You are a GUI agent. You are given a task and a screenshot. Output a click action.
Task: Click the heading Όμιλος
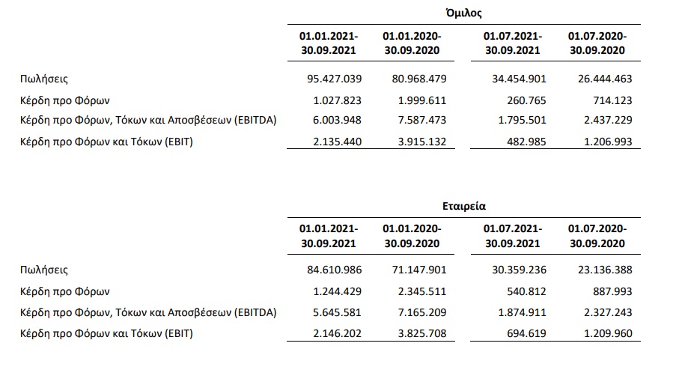point(463,13)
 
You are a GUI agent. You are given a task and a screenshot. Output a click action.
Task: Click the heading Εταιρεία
point(464,206)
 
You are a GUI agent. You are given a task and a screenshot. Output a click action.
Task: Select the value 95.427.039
point(335,79)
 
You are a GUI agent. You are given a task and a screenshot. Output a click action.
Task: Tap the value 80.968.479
point(419,79)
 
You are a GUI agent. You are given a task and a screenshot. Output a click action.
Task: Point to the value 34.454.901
point(519,79)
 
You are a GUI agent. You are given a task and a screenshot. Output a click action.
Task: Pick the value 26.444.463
point(605,79)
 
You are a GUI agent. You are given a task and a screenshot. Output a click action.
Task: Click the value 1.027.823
point(338,100)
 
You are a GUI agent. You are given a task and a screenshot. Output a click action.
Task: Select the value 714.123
point(612,100)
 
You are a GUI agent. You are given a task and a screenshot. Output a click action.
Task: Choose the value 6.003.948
point(338,120)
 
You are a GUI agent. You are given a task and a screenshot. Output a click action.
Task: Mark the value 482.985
point(526,142)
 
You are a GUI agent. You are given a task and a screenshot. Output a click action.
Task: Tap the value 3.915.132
point(422,142)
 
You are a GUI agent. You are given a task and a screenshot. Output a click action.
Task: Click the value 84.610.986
point(335,270)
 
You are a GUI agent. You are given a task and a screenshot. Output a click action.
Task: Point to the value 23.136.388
point(605,270)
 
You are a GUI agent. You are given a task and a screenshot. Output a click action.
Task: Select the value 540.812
point(526,292)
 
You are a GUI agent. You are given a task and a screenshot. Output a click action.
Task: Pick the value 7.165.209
point(422,312)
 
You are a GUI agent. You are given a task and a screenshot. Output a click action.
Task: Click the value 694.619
point(526,333)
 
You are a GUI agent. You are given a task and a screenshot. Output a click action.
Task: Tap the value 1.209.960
point(608,333)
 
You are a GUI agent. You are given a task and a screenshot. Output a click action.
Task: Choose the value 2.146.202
point(338,333)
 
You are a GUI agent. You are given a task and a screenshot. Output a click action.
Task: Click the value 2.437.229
point(608,120)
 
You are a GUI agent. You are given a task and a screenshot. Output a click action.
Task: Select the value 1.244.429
point(338,292)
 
